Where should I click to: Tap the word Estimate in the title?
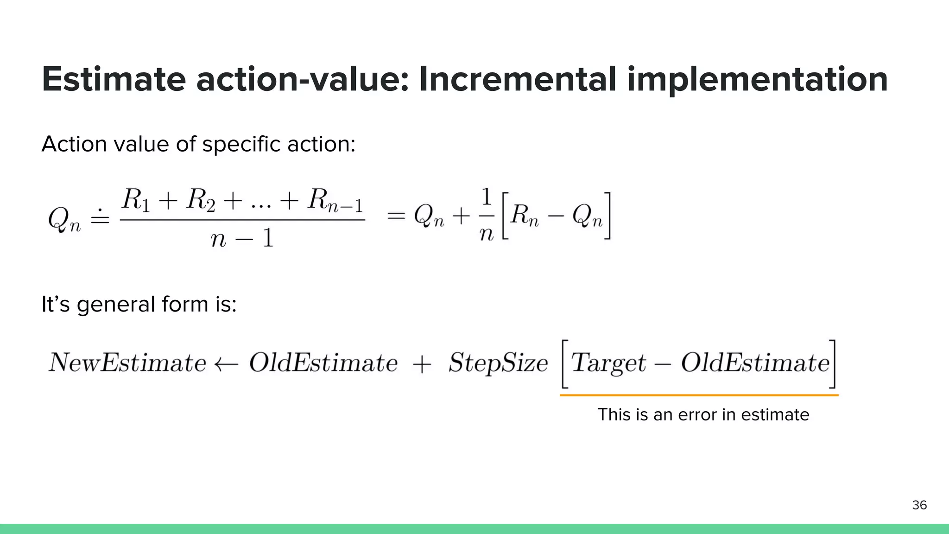point(114,79)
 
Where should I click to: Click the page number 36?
point(919,505)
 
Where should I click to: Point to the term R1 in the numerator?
point(135,200)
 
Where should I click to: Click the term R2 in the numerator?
point(201,200)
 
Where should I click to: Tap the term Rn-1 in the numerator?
point(335,201)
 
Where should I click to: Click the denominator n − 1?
point(242,238)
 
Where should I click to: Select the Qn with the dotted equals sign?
point(64,219)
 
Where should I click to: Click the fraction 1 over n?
point(486,216)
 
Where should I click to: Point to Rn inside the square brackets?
point(525,216)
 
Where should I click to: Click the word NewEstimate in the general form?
point(127,362)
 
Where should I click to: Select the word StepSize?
point(498,362)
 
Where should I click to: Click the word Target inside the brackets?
point(608,362)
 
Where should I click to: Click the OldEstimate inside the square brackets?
point(755,362)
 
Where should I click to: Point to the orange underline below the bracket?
point(699,395)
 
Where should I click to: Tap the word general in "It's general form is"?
point(116,305)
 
